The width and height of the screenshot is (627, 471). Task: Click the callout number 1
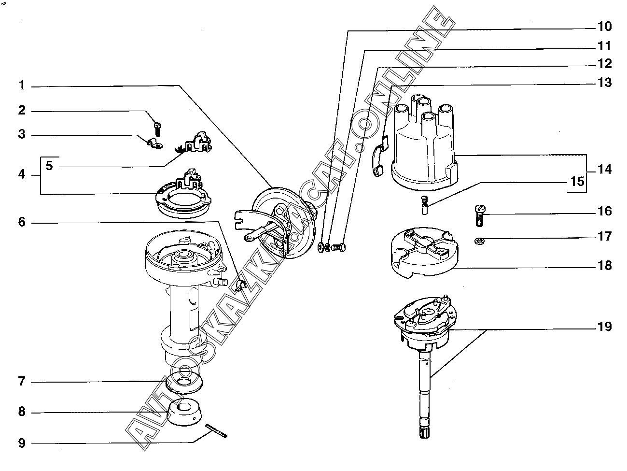22,86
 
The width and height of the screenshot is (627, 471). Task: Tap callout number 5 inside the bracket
50,166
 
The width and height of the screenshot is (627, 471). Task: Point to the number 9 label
22,443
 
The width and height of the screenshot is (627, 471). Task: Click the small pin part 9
216,431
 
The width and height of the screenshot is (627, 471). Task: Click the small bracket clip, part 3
154,143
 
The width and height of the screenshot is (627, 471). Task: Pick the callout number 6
22,222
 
